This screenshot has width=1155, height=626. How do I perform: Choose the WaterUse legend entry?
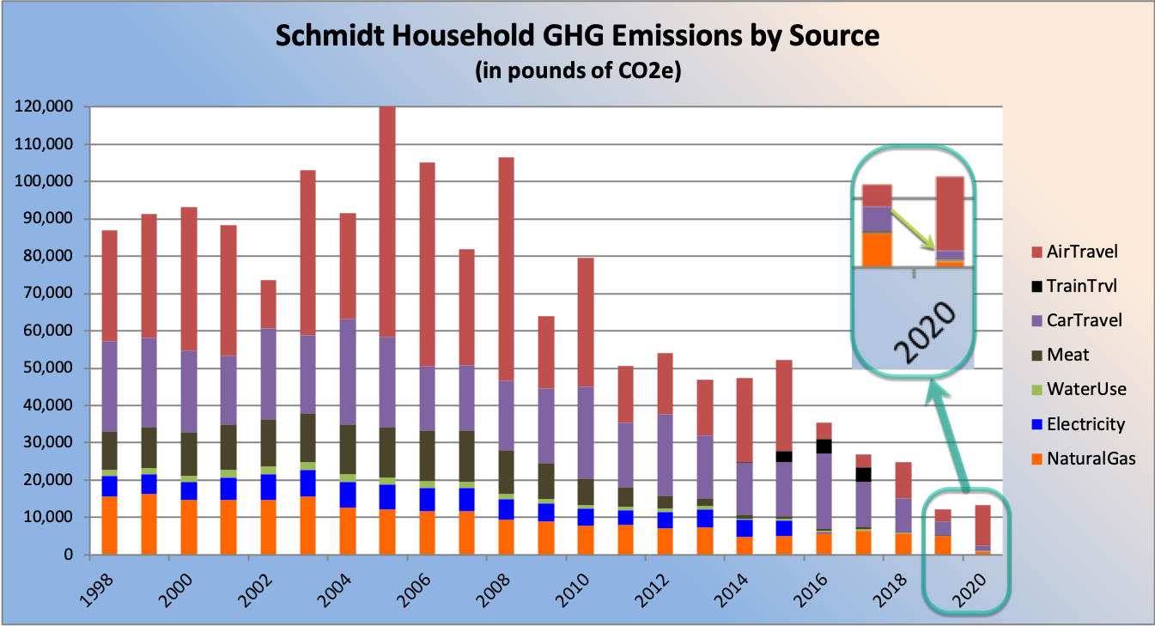[x=1084, y=389]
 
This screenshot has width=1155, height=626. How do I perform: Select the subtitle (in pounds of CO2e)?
[x=577, y=72]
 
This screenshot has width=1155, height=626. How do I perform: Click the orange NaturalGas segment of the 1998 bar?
[x=110, y=525]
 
